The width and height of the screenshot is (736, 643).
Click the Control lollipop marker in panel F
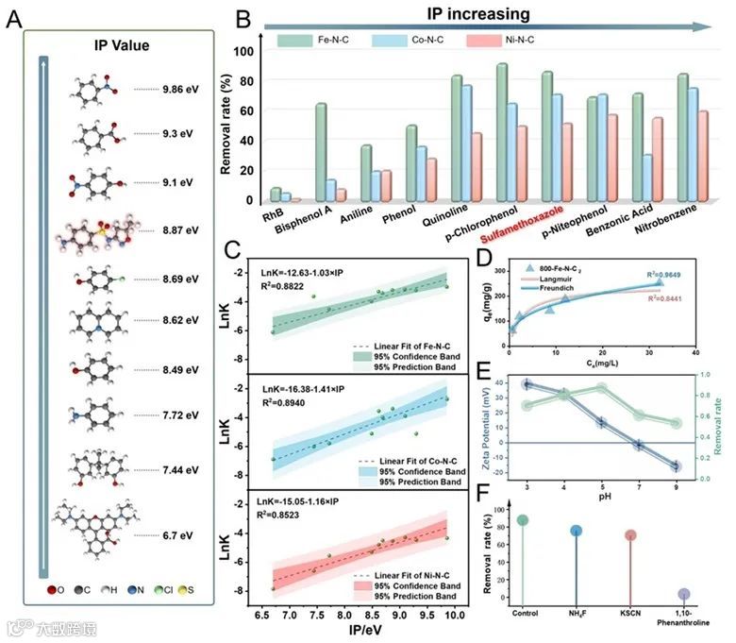click(x=522, y=520)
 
